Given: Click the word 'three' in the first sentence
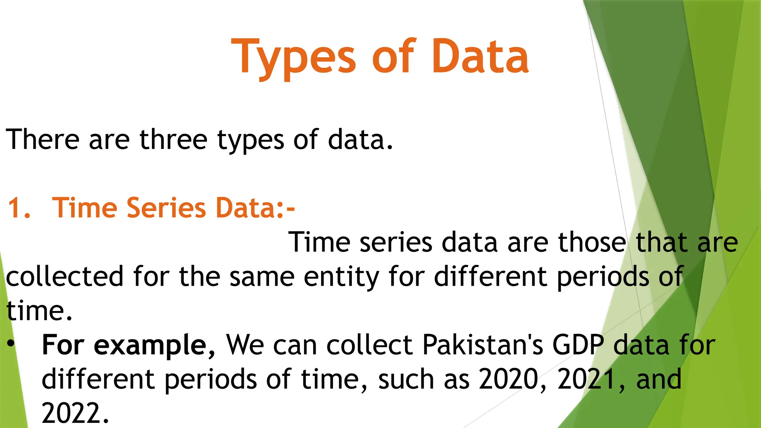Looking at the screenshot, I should click(x=173, y=140).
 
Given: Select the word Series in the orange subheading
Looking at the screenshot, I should click(x=166, y=208).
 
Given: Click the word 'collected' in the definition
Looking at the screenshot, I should click(x=64, y=277).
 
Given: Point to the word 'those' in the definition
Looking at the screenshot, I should click(x=592, y=243).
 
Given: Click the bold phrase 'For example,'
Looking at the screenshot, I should click(x=128, y=345).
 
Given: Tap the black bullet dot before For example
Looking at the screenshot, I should click(x=11, y=344).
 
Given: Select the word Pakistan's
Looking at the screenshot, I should click(x=483, y=345).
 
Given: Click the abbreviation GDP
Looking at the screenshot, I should click(x=578, y=345).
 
